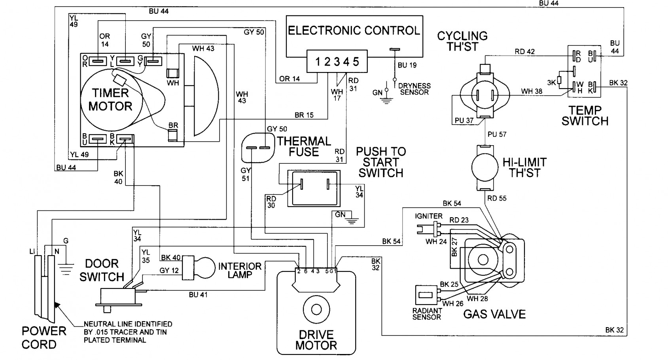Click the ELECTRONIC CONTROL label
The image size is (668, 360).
[354, 30]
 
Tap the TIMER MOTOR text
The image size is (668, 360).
[110, 99]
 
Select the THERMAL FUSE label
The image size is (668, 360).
[304, 146]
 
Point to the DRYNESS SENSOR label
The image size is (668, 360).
[414, 89]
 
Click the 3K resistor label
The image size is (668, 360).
[552, 83]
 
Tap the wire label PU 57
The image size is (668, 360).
[497, 135]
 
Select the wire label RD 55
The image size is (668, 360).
[497, 198]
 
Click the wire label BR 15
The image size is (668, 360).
[304, 115]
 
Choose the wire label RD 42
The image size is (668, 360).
[524, 51]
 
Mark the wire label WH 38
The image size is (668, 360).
[532, 91]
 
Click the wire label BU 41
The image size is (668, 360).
[198, 295]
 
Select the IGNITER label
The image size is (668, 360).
[429, 216]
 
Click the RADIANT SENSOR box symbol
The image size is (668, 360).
[426, 295]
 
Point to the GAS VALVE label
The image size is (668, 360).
[494, 315]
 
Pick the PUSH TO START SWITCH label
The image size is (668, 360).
[381, 162]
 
